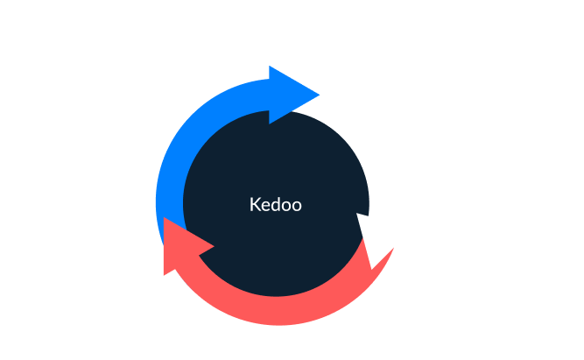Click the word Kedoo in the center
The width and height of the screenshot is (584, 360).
click(276, 205)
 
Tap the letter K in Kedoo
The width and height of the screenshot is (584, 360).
click(255, 205)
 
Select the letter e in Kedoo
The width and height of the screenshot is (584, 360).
click(264, 207)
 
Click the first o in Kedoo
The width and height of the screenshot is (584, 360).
click(286, 207)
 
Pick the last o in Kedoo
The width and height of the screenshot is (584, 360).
click(297, 207)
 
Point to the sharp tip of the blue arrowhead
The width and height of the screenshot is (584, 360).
click(320, 95)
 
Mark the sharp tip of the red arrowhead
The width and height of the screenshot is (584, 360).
click(215, 246)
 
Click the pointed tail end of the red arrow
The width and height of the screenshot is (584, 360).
click(393, 248)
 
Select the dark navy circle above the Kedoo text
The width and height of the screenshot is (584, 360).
click(276, 157)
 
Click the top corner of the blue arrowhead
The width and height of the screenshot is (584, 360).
click(270, 67)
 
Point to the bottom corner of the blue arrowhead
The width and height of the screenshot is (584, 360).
click(270, 124)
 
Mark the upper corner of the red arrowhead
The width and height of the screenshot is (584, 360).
click(165, 217)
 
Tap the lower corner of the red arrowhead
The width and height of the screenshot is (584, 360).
click(165, 275)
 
